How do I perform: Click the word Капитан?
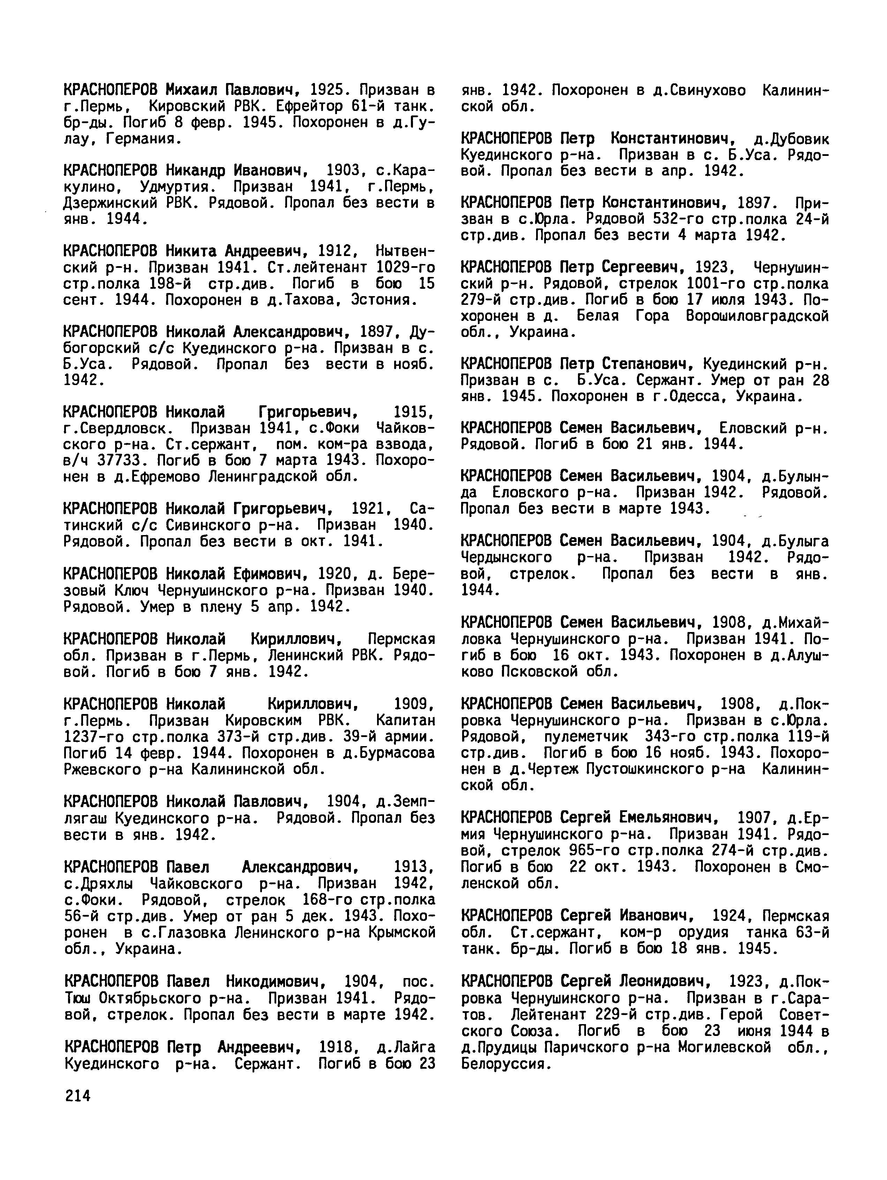(405, 720)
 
